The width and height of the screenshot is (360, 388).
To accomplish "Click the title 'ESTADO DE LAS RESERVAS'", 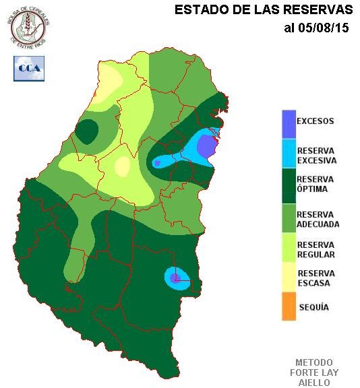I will [x=263, y=10].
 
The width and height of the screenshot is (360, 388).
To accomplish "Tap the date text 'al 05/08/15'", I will [x=316, y=28].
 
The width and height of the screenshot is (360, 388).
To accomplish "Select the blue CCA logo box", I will [x=29, y=68].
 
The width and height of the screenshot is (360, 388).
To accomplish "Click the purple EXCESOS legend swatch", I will [x=289, y=124].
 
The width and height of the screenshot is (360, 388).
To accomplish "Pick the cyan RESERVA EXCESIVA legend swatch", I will [x=289, y=155].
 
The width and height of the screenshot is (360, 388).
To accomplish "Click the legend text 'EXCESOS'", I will [x=316, y=122].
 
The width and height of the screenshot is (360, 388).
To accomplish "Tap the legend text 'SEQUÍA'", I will [x=313, y=307].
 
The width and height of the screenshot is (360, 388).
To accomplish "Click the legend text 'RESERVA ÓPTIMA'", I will [x=316, y=184].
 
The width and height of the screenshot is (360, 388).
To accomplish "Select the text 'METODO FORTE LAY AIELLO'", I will [x=317, y=372].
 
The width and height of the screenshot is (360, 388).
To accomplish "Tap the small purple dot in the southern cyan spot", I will [x=175, y=277].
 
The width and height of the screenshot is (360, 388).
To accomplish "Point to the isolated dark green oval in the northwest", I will [x=87, y=131].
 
